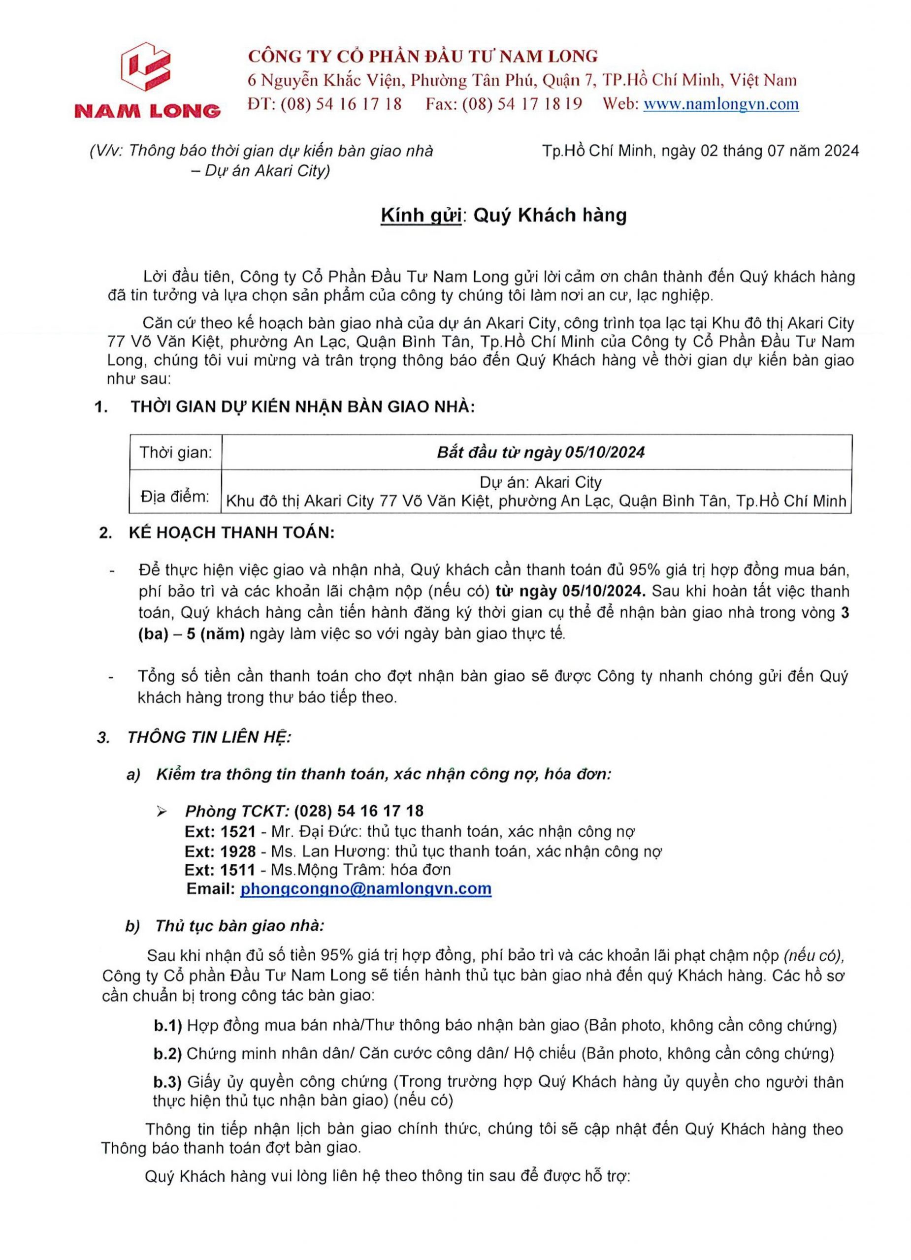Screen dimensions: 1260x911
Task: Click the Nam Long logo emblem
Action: [x=147, y=66]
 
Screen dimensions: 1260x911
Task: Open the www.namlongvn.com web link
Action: [x=720, y=104]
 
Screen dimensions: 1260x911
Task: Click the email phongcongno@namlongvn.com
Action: [x=366, y=888]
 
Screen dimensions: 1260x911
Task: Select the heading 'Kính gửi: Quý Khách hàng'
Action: [x=503, y=215]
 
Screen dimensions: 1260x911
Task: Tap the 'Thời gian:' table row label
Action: [x=175, y=452]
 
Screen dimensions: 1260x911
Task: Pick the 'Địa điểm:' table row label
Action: [x=175, y=497]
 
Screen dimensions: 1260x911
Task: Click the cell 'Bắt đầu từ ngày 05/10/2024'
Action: [x=540, y=452]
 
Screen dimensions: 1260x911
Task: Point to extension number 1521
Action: [x=238, y=832]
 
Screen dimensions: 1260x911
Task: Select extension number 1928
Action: [x=238, y=851]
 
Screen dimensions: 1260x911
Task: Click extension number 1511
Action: [x=238, y=869]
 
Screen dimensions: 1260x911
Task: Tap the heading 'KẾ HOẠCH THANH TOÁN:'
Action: [x=232, y=533]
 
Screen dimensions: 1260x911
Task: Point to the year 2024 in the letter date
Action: [x=842, y=151]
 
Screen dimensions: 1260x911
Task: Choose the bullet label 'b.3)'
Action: [x=168, y=1082]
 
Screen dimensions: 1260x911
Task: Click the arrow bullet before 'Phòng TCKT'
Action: [x=163, y=812]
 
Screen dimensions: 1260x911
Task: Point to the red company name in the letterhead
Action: [x=423, y=56]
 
